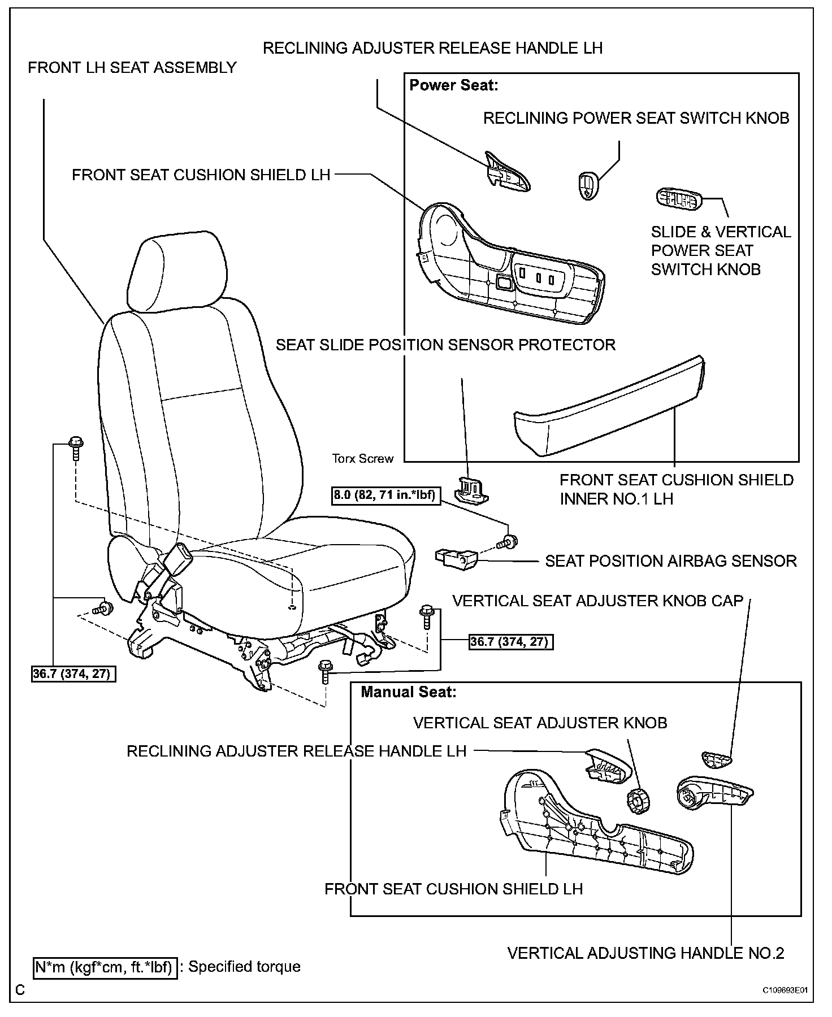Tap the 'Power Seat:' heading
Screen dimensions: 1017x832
click(x=453, y=85)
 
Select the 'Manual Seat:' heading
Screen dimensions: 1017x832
click(x=408, y=692)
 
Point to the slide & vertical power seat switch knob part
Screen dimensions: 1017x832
click(x=678, y=199)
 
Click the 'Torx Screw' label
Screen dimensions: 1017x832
click(x=362, y=459)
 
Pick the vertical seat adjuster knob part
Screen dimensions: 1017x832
click(x=638, y=801)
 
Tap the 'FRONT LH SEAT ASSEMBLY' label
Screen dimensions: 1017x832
click(x=132, y=68)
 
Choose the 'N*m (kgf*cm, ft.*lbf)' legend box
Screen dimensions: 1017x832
click(x=105, y=967)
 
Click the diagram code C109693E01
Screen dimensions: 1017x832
click(x=785, y=990)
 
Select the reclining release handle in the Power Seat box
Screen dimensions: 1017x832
click(x=507, y=172)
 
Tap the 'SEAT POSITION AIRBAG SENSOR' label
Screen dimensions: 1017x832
click(x=670, y=561)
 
